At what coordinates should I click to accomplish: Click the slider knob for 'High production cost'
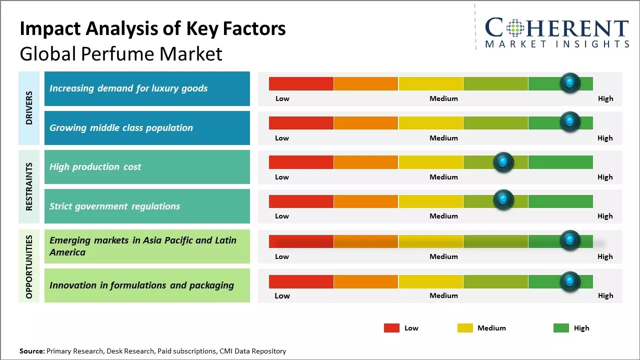coord(503,162)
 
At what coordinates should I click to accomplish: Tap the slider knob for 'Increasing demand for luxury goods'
coord(570,83)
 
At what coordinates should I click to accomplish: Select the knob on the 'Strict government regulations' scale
coord(503,200)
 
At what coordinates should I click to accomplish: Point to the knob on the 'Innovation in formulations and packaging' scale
coord(570,281)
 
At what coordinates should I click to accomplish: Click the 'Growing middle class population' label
coord(121,128)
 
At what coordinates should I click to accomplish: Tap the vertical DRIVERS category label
coord(29,108)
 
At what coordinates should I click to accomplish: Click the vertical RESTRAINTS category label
coord(29,186)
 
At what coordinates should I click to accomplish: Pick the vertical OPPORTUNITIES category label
coord(29,266)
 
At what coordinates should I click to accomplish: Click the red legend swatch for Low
coord(391,328)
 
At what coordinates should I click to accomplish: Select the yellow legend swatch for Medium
coord(465,328)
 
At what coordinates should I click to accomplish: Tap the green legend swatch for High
coord(561,328)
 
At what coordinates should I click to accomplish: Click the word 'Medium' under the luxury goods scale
coord(443,98)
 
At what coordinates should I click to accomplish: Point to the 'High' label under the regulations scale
coord(605,216)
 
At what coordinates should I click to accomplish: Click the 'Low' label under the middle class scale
coord(282,138)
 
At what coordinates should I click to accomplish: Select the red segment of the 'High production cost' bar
coord(301,162)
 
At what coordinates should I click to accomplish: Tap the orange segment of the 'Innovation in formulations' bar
coord(366,281)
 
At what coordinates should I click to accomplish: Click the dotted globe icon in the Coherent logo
coord(514,28)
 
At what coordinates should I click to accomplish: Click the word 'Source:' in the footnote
coord(32,351)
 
